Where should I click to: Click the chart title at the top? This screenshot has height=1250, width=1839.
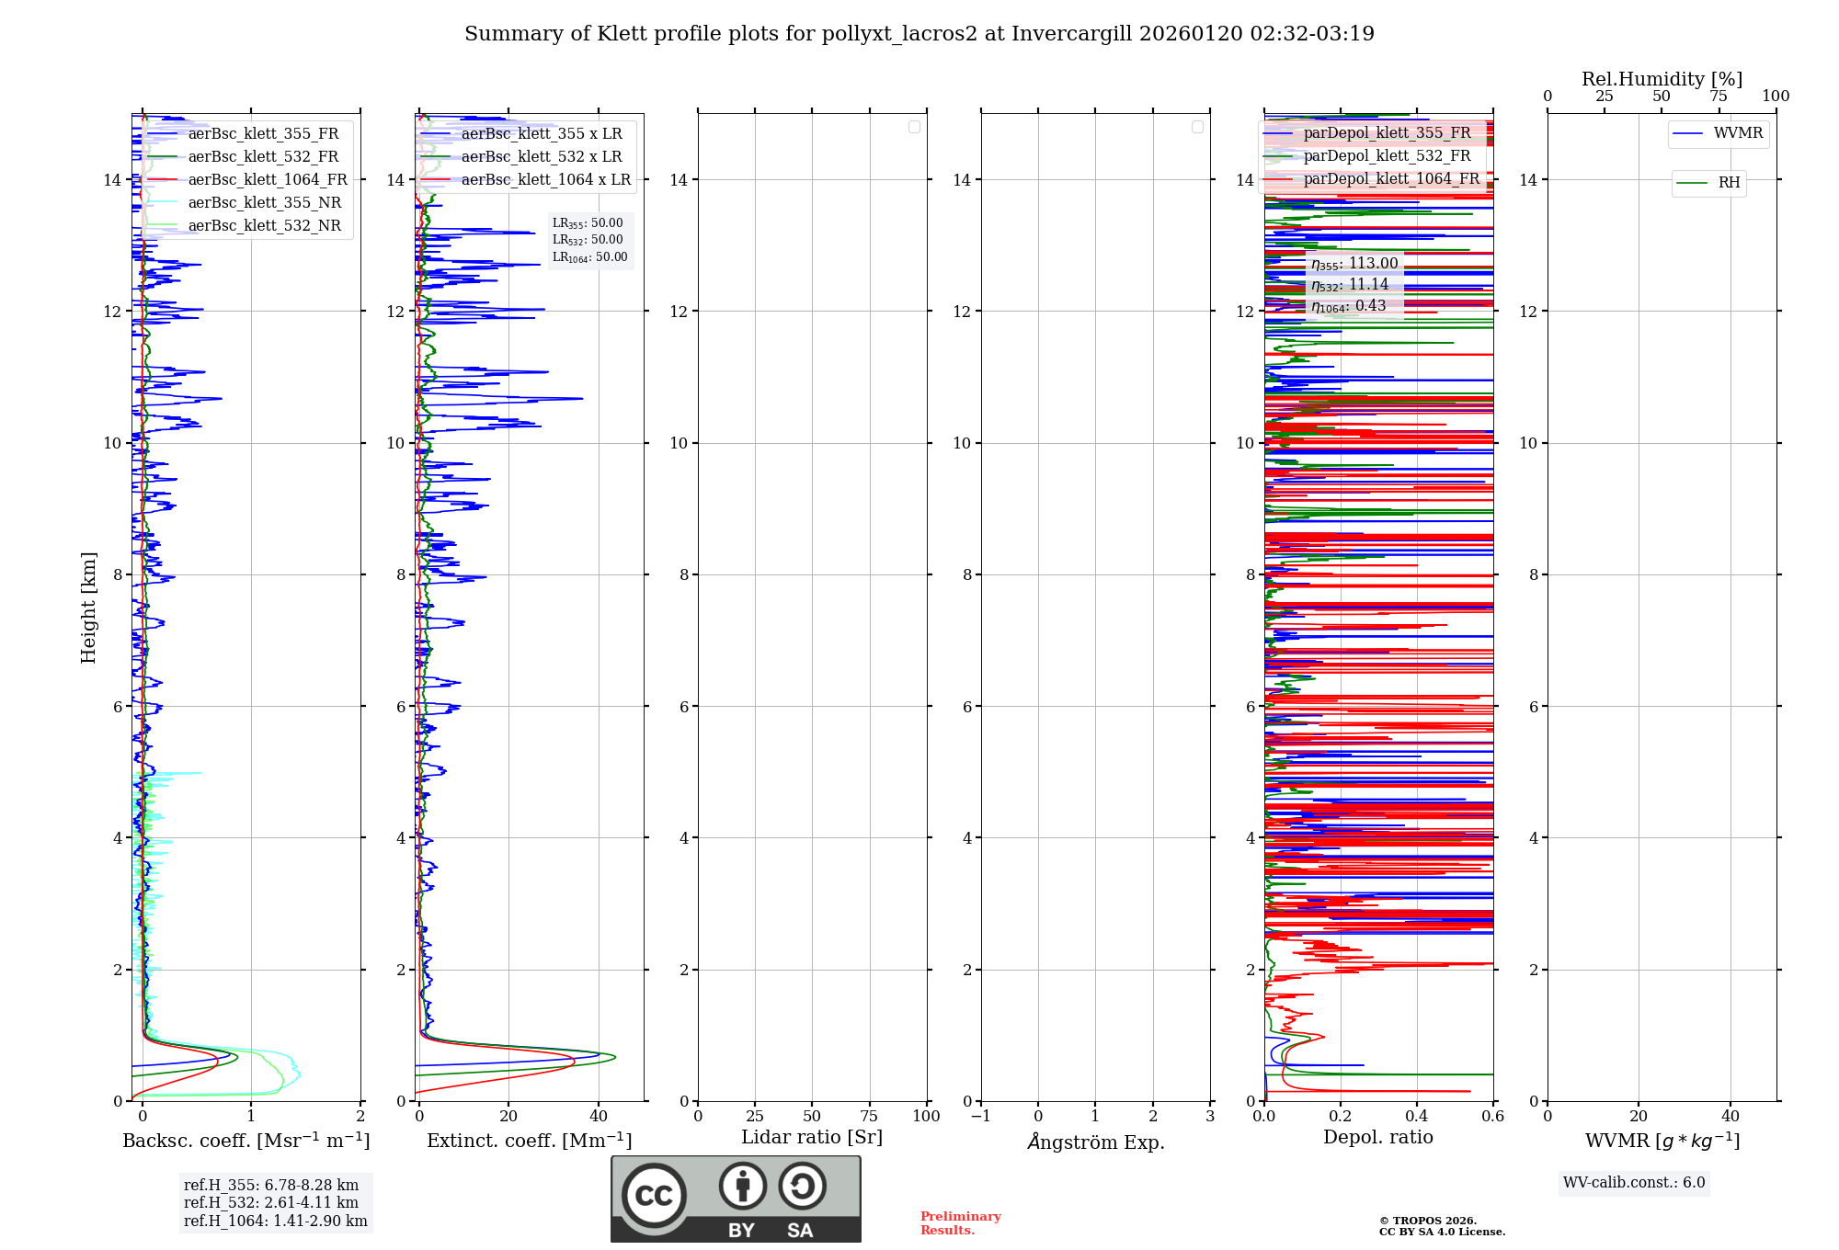919,34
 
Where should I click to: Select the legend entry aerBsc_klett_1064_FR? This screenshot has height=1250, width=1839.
268,180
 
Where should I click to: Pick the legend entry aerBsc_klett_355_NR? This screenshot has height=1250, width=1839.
265,203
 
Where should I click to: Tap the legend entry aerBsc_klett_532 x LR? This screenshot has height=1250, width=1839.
542,157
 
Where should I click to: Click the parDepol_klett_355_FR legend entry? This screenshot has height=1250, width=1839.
1387,133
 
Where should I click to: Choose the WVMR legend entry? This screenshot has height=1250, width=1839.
1738,133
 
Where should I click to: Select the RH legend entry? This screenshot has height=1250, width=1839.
1729,183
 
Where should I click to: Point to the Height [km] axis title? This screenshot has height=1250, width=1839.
88,608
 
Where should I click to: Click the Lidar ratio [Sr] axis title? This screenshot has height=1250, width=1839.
812,1138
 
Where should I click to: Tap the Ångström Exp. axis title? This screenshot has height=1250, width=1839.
1095,1142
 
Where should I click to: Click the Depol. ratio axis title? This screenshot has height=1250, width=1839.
1377,1138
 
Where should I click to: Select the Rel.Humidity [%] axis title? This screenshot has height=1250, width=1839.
1662,79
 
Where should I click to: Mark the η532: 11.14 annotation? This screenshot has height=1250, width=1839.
1350,285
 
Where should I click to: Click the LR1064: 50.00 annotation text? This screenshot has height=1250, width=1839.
589,257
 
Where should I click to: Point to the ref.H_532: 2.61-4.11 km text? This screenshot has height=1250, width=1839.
271,1203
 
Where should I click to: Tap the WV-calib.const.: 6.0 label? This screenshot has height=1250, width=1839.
1634,1183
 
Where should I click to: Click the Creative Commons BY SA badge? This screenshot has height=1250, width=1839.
736,1199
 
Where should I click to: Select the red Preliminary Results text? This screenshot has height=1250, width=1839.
960,1223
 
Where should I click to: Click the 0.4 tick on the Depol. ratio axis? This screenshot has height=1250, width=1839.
1417,1117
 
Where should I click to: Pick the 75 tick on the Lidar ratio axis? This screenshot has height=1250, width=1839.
869,1117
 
